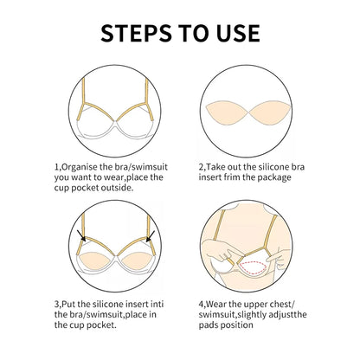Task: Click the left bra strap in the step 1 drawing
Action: [x=85, y=95]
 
